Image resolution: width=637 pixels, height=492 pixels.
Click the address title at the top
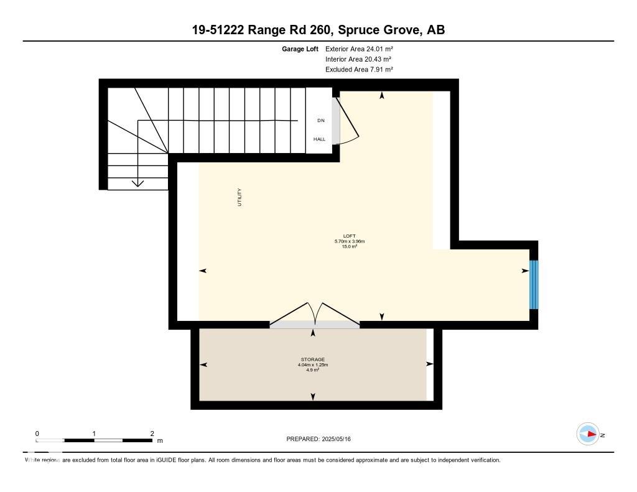(x=318, y=29)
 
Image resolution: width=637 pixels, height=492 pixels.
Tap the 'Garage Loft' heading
(x=300, y=49)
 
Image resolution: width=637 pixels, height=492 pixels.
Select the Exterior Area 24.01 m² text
(x=359, y=49)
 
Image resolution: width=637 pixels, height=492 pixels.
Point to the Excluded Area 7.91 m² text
(x=359, y=70)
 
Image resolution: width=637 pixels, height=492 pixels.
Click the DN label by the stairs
(x=320, y=121)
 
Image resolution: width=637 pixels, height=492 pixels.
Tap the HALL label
(x=319, y=139)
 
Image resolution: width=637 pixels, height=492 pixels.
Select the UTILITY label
(x=239, y=197)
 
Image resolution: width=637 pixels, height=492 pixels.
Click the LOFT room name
(x=349, y=236)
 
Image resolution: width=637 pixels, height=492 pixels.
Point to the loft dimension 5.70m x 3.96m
(x=349, y=241)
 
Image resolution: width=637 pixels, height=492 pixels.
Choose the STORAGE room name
(x=313, y=360)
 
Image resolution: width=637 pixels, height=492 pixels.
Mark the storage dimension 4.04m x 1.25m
(x=313, y=365)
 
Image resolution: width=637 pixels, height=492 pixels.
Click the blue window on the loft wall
(x=533, y=284)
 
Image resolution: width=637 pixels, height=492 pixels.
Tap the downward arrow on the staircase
(x=137, y=182)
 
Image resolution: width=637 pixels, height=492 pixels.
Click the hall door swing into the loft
(x=346, y=121)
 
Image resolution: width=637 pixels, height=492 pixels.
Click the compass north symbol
(x=588, y=434)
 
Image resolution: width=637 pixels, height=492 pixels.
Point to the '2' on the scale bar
(x=152, y=433)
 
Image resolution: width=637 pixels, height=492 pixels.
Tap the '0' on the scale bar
(x=37, y=433)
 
